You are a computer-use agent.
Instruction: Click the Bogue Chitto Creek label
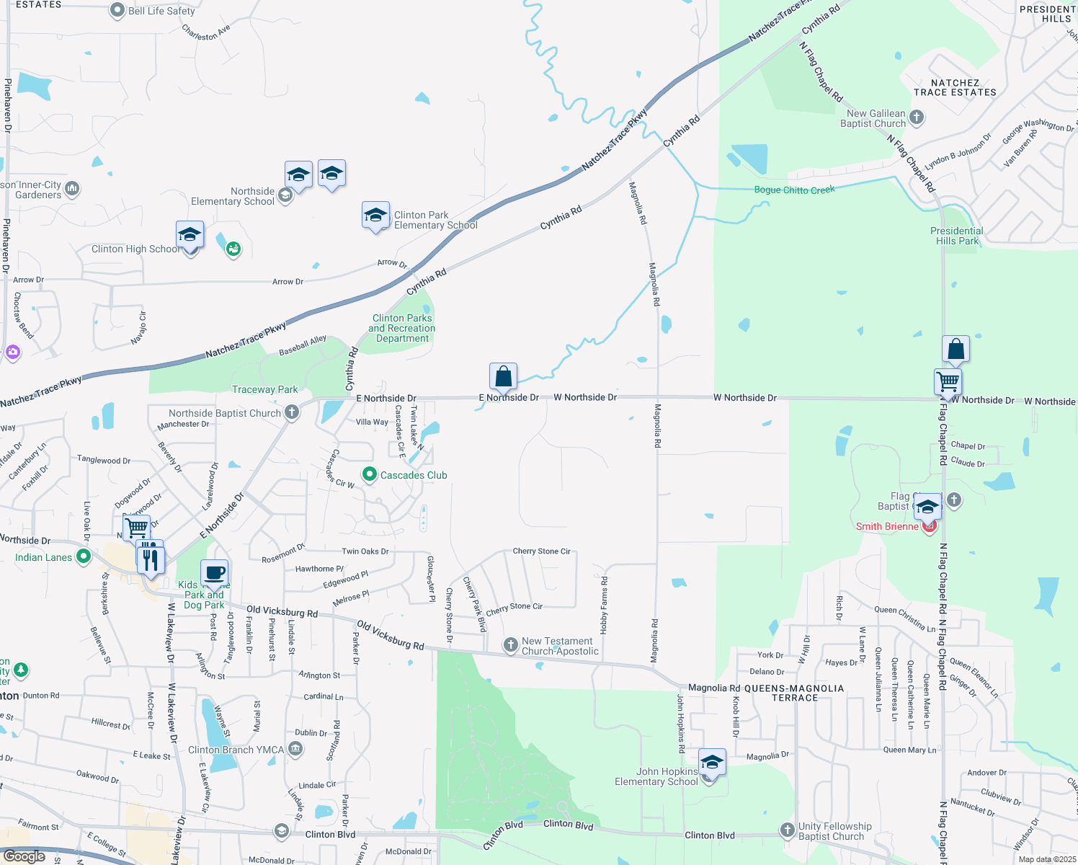pyautogui.click(x=794, y=190)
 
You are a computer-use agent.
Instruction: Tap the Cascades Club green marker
pyautogui.click(x=370, y=474)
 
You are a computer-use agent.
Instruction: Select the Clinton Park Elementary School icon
pyautogui.click(x=375, y=216)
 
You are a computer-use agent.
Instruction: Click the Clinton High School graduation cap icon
pyautogui.click(x=190, y=235)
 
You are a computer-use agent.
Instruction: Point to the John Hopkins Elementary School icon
pyautogui.click(x=711, y=763)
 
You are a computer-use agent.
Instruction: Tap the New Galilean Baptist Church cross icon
pyautogui.click(x=917, y=117)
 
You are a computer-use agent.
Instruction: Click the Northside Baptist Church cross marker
pyautogui.click(x=292, y=412)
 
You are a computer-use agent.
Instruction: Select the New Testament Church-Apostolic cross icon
pyautogui.click(x=511, y=645)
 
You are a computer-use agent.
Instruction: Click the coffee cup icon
pyautogui.click(x=214, y=574)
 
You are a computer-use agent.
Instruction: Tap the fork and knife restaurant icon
pyautogui.click(x=151, y=560)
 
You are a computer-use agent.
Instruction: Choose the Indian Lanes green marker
pyautogui.click(x=84, y=556)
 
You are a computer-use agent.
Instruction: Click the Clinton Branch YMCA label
pyautogui.click(x=236, y=750)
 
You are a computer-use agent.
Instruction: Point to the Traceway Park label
pyautogui.click(x=264, y=389)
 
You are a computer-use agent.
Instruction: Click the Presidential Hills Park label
pyautogui.click(x=957, y=236)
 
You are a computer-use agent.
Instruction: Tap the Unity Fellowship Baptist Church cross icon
pyautogui.click(x=788, y=830)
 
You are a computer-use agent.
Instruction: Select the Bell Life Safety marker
pyautogui.click(x=117, y=11)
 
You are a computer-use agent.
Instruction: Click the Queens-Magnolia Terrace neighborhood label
pyautogui.click(x=794, y=693)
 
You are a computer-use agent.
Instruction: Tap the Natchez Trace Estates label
pyautogui.click(x=955, y=87)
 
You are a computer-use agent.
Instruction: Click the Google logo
pyautogui.click(x=24, y=856)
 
